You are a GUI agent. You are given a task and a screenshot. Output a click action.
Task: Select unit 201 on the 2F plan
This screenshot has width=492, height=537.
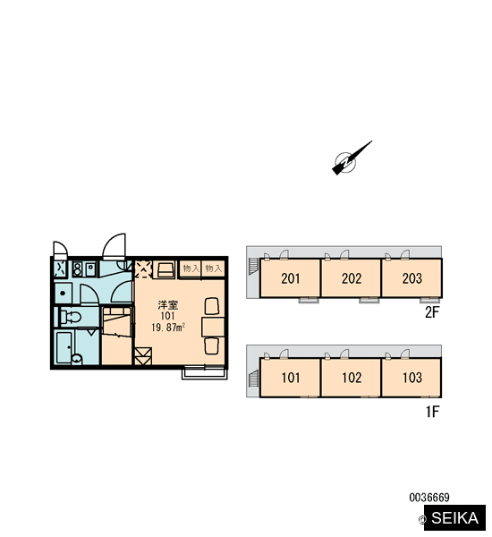point(290,278)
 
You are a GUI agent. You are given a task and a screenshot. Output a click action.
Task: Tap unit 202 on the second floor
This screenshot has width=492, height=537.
point(351,278)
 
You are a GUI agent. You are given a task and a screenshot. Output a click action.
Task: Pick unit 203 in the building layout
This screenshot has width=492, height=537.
point(411,278)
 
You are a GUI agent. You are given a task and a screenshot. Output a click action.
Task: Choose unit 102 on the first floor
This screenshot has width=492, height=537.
point(351,378)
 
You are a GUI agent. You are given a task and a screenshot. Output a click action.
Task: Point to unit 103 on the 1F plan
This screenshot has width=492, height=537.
point(411,378)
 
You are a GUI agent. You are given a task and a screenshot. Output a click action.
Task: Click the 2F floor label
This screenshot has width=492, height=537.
point(432,312)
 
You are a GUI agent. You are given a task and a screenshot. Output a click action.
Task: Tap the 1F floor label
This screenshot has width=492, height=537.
point(432,412)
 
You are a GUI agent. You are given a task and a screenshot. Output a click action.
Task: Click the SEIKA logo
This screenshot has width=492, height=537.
point(454,518)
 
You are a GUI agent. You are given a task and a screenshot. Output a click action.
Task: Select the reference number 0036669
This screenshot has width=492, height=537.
point(429,498)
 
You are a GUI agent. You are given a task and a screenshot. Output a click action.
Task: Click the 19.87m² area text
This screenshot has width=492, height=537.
point(168,328)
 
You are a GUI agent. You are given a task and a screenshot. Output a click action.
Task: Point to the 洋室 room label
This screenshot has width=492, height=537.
point(168,305)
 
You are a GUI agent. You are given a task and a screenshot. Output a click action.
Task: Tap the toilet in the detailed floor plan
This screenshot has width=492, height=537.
point(71,317)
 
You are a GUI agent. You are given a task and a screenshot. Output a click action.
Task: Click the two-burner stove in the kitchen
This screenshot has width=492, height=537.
point(77,268)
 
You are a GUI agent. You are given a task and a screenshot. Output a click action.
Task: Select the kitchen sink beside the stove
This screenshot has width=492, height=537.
point(90,268)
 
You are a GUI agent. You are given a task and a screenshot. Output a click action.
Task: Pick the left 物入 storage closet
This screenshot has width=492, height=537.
point(191,268)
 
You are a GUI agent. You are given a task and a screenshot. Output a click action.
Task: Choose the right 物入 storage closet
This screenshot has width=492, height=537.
point(213,268)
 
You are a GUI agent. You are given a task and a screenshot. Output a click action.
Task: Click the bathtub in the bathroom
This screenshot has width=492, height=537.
point(64,347)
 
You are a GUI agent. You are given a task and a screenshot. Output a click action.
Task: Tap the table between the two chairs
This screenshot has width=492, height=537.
point(213,327)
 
